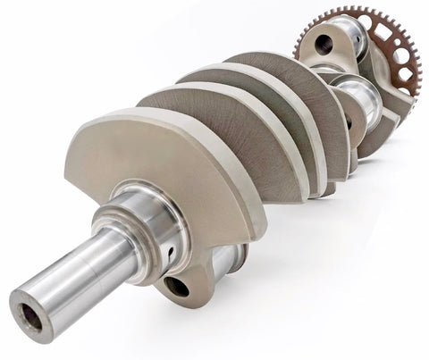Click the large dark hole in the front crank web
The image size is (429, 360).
177,287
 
